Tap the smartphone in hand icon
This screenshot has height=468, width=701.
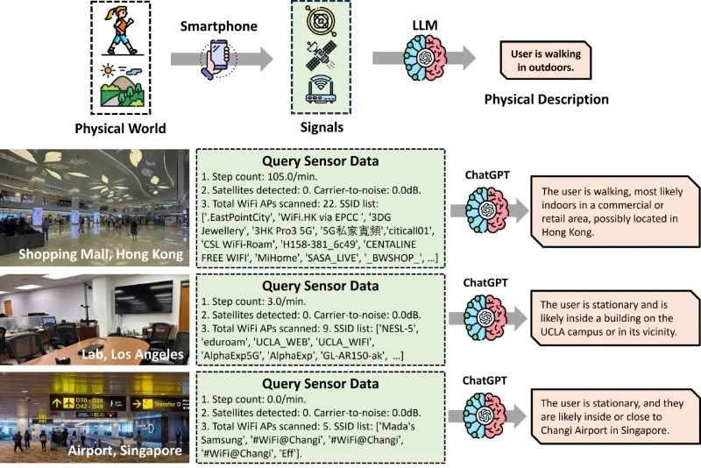(x=217, y=59)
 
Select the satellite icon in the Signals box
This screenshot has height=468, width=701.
(x=321, y=55)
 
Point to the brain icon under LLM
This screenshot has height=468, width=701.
(x=425, y=58)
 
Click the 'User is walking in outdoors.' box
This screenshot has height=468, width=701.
(x=545, y=60)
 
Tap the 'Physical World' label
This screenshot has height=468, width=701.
(x=120, y=129)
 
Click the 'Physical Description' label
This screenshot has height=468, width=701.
(x=546, y=99)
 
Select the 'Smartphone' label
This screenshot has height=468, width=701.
(x=218, y=26)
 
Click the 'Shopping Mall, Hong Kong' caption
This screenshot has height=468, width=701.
(x=101, y=254)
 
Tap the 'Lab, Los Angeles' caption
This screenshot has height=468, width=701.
(x=133, y=354)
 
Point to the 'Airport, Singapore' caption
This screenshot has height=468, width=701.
(x=125, y=450)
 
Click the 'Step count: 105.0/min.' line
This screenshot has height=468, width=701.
(x=258, y=176)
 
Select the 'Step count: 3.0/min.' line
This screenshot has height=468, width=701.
(x=253, y=301)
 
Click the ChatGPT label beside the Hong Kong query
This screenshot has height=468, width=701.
(x=487, y=174)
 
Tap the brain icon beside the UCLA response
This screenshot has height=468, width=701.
(x=485, y=318)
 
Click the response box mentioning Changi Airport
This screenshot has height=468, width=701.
(x=615, y=416)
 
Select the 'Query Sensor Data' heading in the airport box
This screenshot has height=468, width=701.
(x=321, y=384)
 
